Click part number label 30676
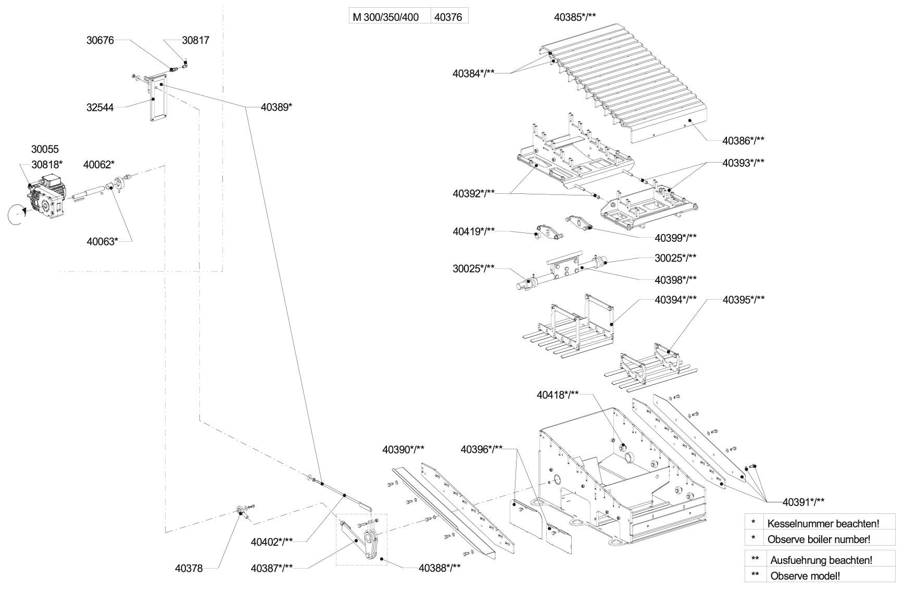tap(100, 40)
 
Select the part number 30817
tap(195, 40)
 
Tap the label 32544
tap(100, 108)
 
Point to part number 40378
tap(189, 569)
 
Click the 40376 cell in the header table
tap(448, 17)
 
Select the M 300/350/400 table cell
tap(386, 17)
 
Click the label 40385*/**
tap(575, 17)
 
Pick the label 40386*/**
tap(743, 140)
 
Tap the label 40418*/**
tap(558, 395)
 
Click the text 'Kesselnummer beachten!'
tap(823, 523)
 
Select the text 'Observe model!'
tap(805, 576)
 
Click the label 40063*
tap(102, 241)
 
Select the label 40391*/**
tap(803, 502)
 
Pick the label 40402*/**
tap(272, 541)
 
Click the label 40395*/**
tap(743, 300)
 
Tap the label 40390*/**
tap(404, 449)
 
